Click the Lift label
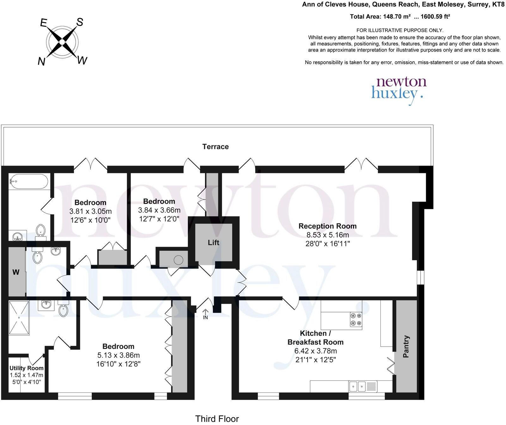213,243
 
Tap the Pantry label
406,347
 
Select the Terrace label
215,147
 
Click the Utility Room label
27,368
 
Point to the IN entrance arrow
205,314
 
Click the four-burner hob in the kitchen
355,319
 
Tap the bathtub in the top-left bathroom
28,182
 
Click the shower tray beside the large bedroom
19,317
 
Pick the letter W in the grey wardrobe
16,272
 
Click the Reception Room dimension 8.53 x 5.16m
327,235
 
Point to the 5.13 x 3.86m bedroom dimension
118,355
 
